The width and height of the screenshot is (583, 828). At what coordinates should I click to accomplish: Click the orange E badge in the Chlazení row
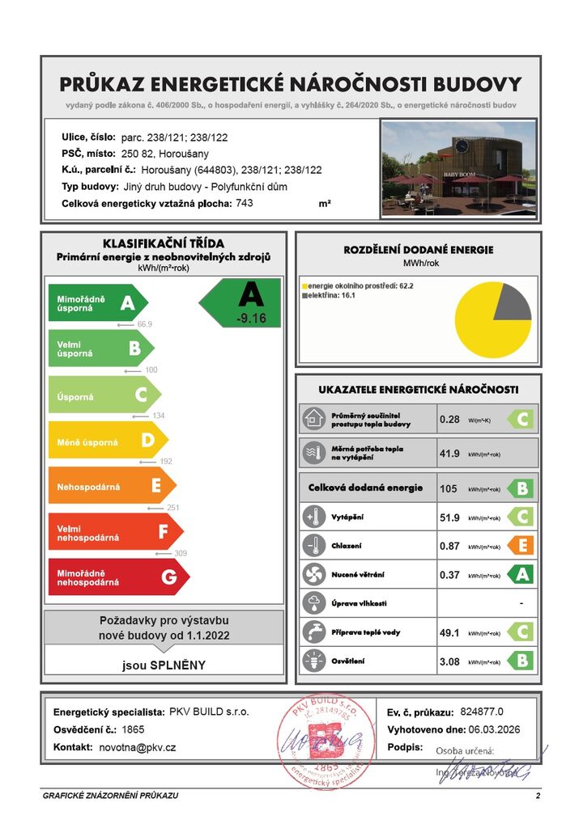[x=520, y=546]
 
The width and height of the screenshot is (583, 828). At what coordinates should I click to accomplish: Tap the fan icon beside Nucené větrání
[x=313, y=575]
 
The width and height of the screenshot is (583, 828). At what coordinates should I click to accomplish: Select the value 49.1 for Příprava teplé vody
[x=449, y=632]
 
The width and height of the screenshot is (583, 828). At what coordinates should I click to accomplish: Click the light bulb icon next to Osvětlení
[x=313, y=661]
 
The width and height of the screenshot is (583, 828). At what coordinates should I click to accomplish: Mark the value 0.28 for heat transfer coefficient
[x=449, y=420]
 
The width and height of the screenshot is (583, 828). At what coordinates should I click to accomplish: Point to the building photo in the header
[x=458, y=169]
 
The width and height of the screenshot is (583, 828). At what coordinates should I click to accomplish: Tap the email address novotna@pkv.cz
[x=137, y=748]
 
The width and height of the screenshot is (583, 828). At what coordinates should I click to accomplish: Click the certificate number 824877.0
[x=482, y=712]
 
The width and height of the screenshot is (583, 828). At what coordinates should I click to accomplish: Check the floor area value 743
[x=244, y=204]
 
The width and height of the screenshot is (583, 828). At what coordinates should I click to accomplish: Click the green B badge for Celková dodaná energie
[x=520, y=488]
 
